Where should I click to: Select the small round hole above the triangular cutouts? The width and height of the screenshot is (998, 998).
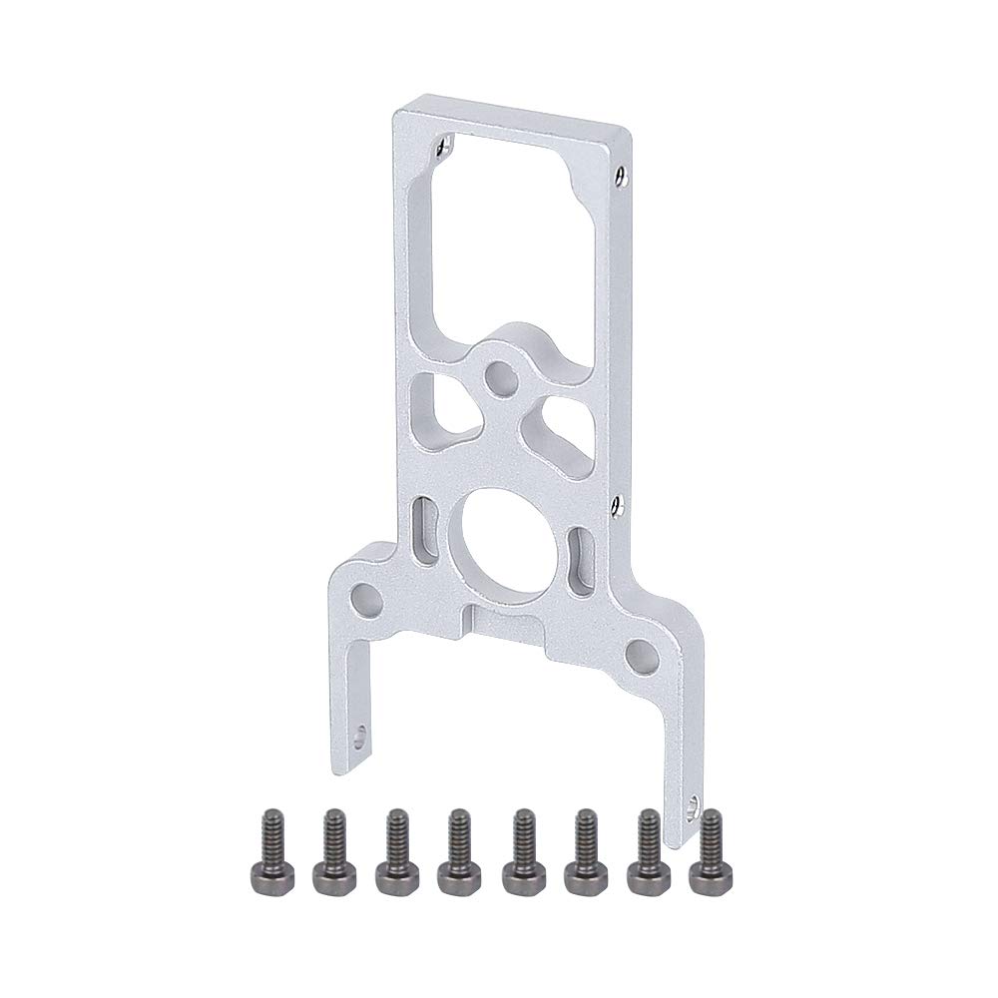pos(498,378)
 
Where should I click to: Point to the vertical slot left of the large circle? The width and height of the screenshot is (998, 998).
pos(423,532)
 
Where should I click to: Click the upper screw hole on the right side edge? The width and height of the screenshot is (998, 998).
pos(622,177)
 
